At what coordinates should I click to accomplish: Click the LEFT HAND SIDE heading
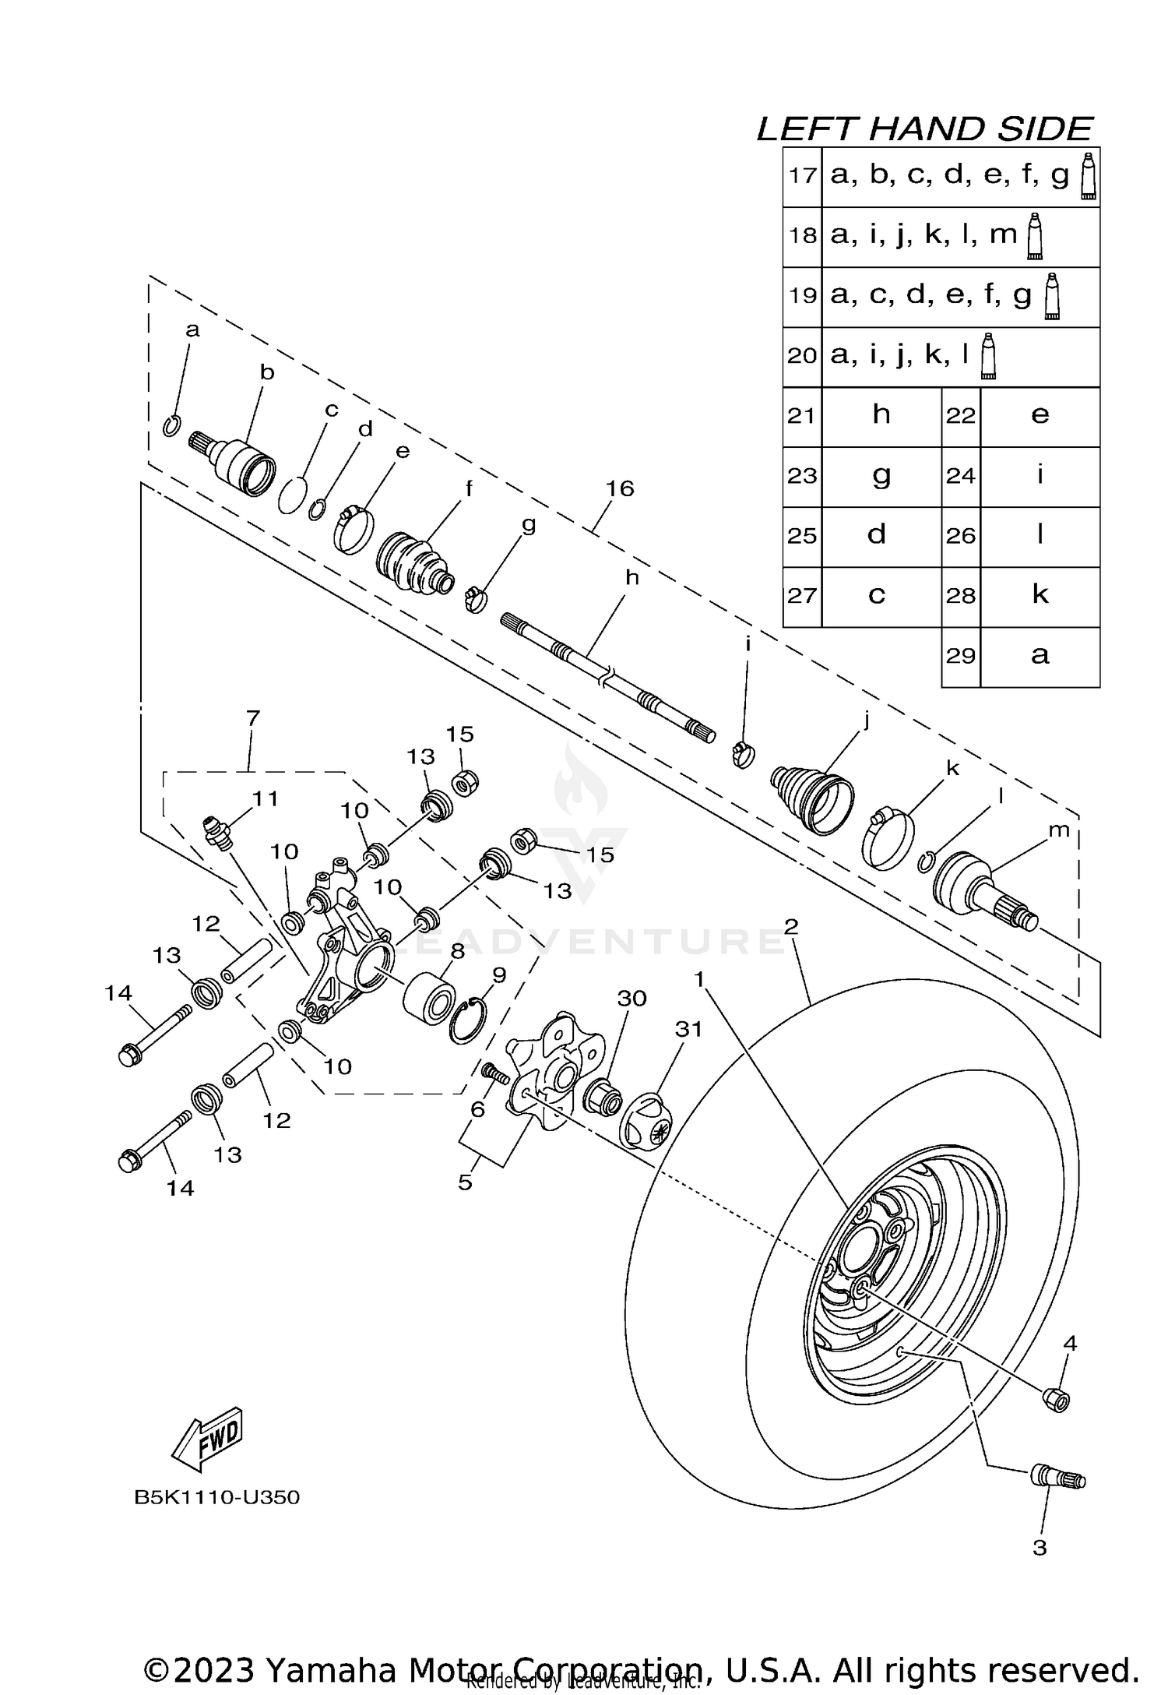[924, 129]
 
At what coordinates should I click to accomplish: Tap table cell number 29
[961, 656]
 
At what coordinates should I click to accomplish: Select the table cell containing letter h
[881, 415]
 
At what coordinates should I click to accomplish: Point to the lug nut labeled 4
[1056, 1398]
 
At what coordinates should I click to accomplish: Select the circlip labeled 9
[468, 1021]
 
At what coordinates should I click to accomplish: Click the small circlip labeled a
[173, 426]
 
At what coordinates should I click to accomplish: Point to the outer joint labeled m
[984, 890]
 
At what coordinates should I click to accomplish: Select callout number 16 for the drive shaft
[620, 488]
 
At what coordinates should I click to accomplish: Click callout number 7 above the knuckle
[252, 718]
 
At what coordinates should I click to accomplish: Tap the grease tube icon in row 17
[1088, 177]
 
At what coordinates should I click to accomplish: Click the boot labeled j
[811, 798]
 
